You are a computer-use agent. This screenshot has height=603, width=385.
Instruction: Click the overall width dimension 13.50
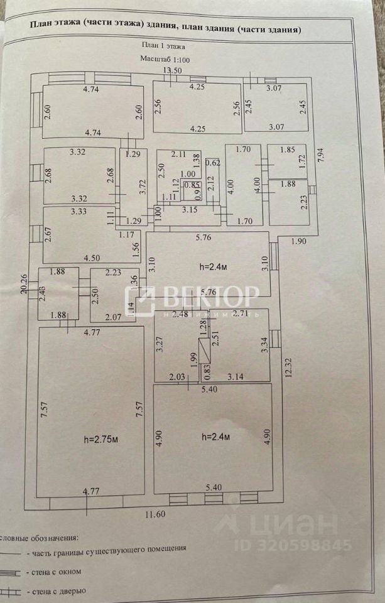(173, 70)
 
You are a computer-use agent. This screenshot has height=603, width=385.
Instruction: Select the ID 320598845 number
(293, 545)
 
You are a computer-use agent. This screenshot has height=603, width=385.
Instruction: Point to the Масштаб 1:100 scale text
(165, 59)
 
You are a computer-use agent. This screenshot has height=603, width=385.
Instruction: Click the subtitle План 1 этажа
(164, 45)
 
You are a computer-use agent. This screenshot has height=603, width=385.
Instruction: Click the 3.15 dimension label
(191, 210)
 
